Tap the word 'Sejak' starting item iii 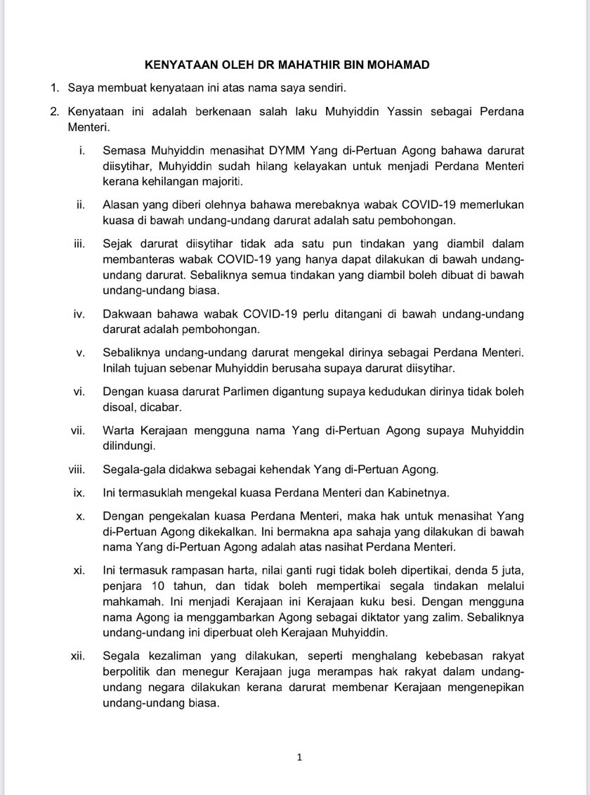pos(117,244)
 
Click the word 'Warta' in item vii pos(119,430)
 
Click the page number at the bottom pos(299,757)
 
